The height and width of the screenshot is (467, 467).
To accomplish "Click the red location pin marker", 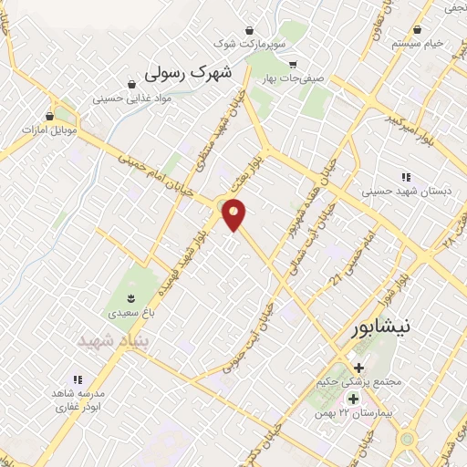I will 235,214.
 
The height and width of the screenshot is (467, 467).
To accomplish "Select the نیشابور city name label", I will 373,330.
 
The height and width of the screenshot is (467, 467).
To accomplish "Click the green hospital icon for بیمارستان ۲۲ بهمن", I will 354,400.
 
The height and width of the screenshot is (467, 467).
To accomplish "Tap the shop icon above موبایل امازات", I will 50,117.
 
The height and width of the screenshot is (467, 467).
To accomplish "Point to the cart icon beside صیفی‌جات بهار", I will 293,64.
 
